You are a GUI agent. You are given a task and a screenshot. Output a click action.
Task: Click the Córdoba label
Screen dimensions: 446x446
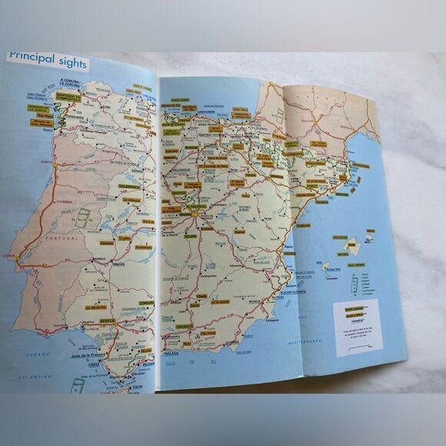(146, 303)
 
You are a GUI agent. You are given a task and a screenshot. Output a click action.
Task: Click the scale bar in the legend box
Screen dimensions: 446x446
(358, 349)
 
